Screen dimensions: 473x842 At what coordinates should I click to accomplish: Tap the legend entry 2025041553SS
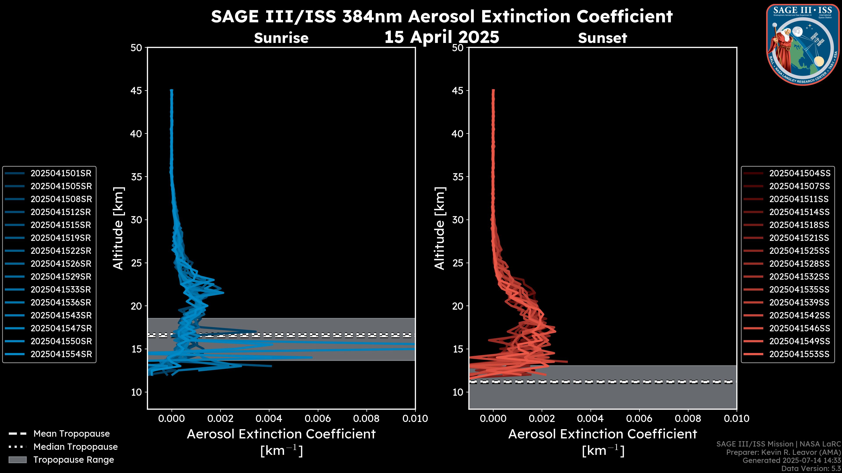click(x=799, y=354)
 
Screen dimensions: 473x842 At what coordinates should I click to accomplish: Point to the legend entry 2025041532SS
click(x=799, y=277)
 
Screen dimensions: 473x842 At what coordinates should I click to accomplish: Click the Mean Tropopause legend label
click(x=71, y=434)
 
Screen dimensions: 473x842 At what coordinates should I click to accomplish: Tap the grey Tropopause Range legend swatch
click(x=17, y=460)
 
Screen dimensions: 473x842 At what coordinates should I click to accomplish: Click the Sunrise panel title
click(x=281, y=38)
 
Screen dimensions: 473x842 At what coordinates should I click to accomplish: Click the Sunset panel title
click(x=602, y=38)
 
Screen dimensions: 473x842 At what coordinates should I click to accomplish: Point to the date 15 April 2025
click(x=442, y=37)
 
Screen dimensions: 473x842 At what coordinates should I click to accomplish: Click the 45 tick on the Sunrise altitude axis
click(x=136, y=91)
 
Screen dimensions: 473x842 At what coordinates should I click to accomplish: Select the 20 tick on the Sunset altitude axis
click(x=458, y=306)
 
